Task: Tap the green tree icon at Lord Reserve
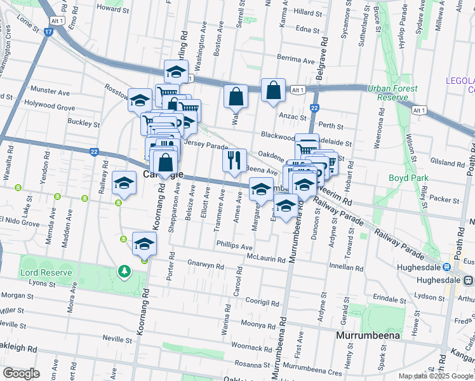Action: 125,272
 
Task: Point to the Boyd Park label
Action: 407,178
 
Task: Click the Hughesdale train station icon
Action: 446,268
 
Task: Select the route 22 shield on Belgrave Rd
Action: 314,109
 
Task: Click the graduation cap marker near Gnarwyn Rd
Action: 144,244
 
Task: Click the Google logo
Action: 21,373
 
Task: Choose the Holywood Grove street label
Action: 50,107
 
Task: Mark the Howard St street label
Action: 113,9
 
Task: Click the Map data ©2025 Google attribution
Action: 436,376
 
